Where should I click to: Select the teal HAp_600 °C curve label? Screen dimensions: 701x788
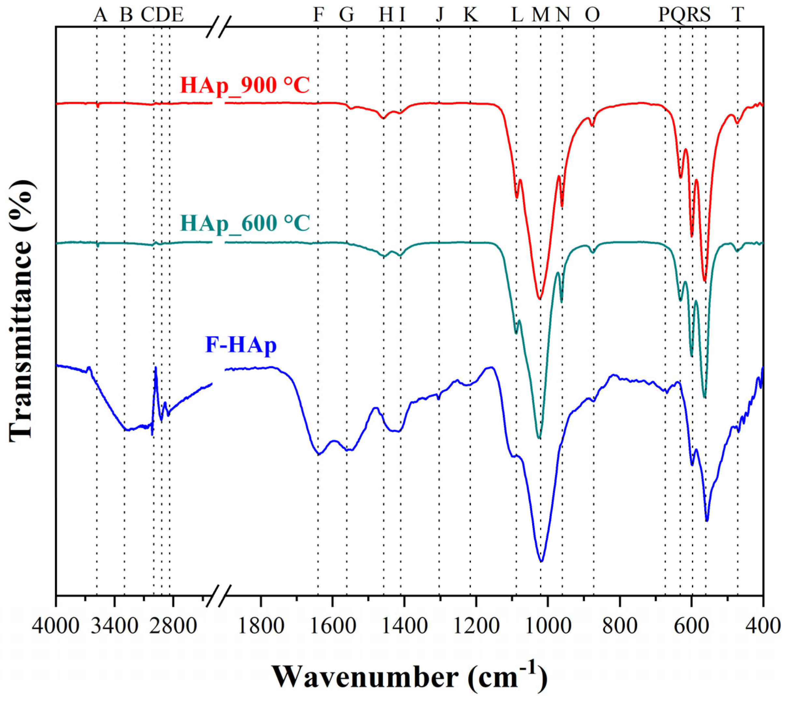(245, 223)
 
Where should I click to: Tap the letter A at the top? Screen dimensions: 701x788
(100, 15)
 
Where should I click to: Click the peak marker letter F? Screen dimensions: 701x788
(318, 15)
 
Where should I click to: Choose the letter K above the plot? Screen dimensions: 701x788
(470, 15)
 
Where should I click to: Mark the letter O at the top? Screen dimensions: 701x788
(592, 15)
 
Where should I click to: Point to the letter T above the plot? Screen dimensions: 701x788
(737, 15)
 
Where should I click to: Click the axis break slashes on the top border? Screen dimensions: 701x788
(219, 27)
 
